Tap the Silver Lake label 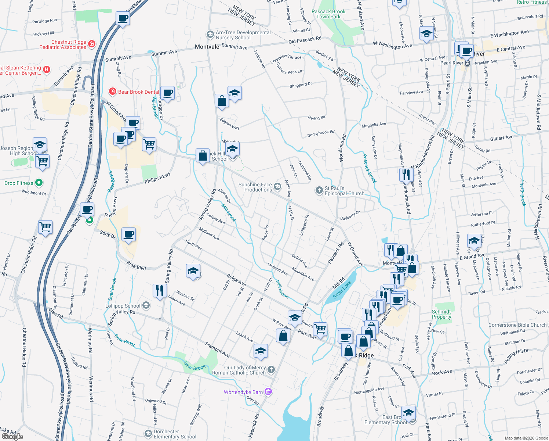[x=342, y=290]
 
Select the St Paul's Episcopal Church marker [x=319, y=190]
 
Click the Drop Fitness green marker [x=39, y=183]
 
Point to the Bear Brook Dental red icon [x=113, y=91]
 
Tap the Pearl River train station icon [x=467, y=63]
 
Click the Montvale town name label [x=207, y=47]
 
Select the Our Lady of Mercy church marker [x=271, y=369]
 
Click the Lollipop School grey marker [x=146, y=305]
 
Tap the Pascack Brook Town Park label [x=328, y=14]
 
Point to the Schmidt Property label [x=441, y=314]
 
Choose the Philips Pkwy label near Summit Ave [x=157, y=178]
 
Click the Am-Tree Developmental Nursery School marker [x=210, y=35]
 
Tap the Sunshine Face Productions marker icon [x=277, y=187]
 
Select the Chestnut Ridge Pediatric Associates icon [x=92, y=44]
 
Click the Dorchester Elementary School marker [x=148, y=434]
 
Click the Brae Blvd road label [x=136, y=265]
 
